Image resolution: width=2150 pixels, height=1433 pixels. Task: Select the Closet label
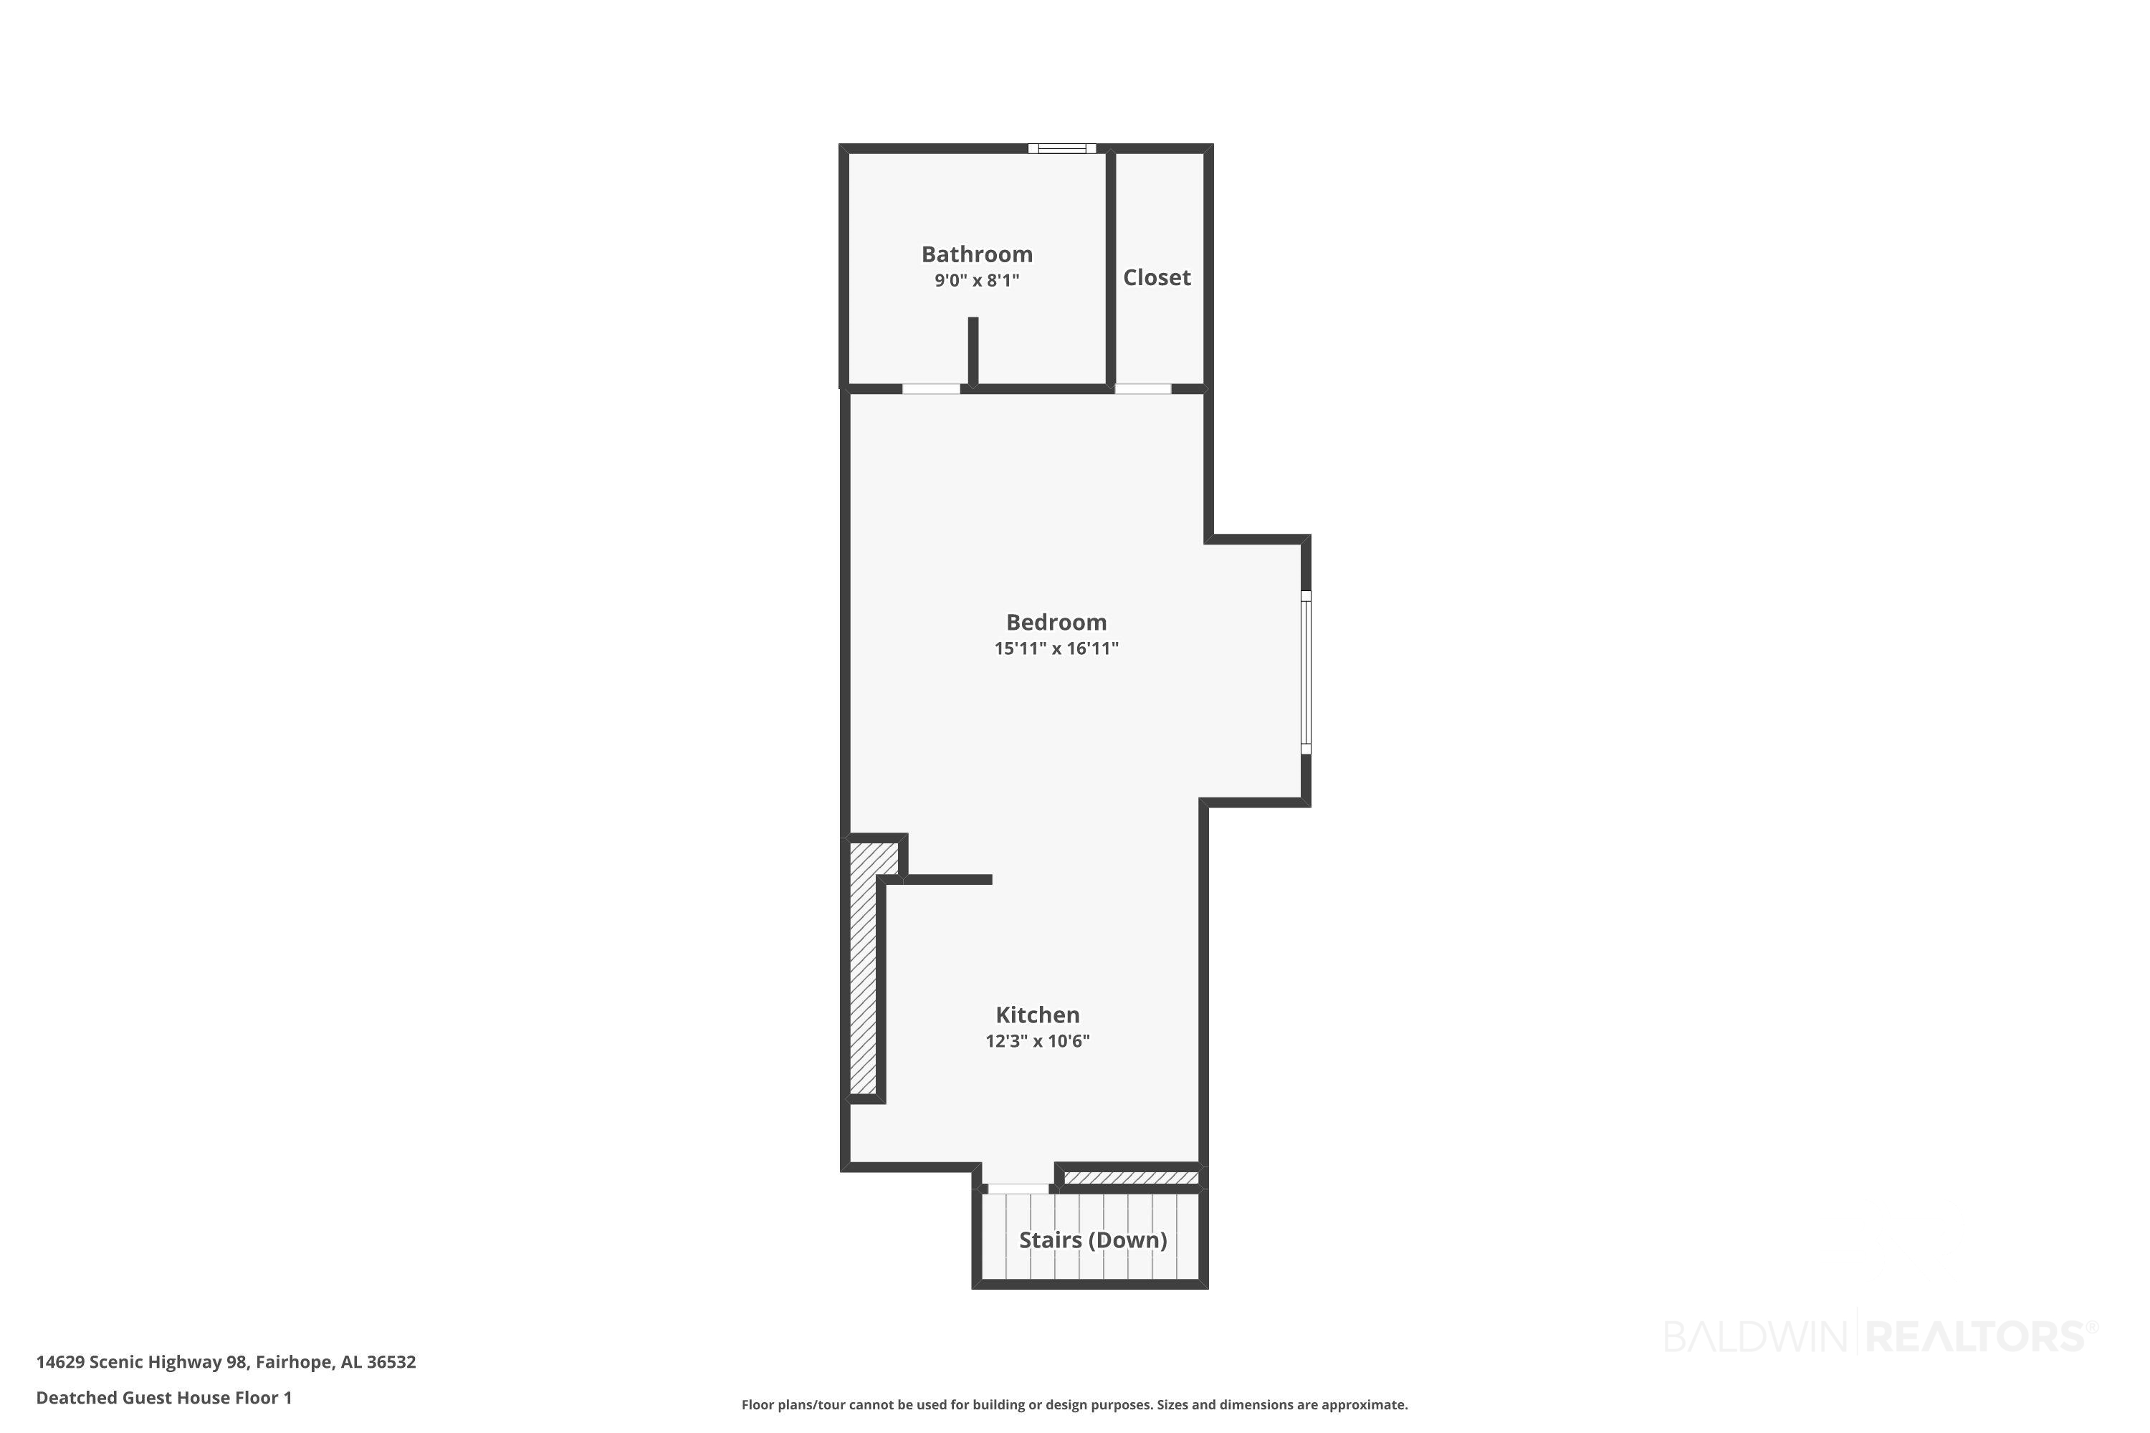click(1157, 277)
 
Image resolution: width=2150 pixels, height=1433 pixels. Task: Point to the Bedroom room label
click(1056, 623)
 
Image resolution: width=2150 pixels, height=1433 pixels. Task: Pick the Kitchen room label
click(1038, 1015)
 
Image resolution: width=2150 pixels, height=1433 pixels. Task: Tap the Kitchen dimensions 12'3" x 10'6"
click(1038, 1041)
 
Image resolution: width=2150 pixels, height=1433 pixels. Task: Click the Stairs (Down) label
click(1094, 1240)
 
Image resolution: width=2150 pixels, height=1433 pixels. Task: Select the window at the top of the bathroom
click(1061, 148)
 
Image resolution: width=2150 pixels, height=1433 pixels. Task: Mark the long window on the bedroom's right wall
click(1306, 673)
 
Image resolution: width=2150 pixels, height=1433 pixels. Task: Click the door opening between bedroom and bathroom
click(932, 389)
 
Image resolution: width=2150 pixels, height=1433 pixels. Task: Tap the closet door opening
click(1142, 389)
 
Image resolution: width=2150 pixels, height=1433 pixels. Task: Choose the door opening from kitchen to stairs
click(1018, 1189)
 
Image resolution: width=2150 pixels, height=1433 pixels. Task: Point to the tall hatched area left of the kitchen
click(863, 968)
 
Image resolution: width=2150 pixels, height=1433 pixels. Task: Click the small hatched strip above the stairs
click(1131, 1178)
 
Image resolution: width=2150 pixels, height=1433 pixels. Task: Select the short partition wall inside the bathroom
click(973, 351)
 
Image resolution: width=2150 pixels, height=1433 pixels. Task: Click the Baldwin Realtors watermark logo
click(1881, 1336)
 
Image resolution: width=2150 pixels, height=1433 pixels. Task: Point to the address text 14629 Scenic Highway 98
click(142, 1363)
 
